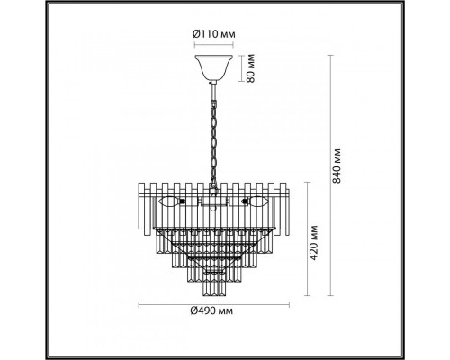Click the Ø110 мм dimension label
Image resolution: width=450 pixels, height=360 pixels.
tap(213, 34)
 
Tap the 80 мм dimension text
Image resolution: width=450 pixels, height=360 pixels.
tap(251, 68)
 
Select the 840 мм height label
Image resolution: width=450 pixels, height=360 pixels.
tap(337, 166)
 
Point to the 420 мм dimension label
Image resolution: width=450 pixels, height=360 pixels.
tap(313, 242)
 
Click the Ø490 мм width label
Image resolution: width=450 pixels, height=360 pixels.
tap(211, 310)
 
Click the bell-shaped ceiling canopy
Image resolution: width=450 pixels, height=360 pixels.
tap(214, 67)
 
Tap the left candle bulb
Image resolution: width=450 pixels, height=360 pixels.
tap(169, 202)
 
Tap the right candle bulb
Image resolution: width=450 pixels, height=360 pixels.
tap(257, 202)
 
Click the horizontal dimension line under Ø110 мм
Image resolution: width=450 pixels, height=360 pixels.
tap(214, 45)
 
